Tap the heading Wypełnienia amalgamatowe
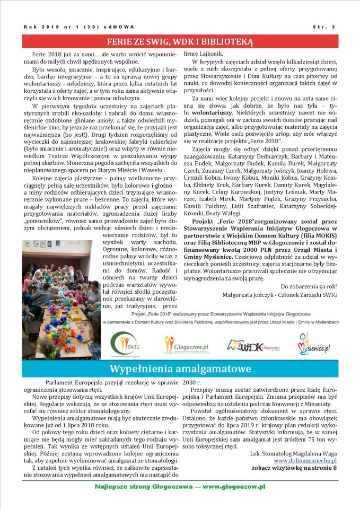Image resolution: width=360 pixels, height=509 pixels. click(x=180, y=368)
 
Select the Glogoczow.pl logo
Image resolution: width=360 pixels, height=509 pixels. click(x=179, y=346)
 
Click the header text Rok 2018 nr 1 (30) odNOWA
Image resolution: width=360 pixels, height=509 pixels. click(x=79, y=27)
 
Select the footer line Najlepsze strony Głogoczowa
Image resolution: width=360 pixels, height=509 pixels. click(x=180, y=486)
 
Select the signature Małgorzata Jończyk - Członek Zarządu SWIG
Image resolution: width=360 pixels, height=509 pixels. click(x=280, y=295)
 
